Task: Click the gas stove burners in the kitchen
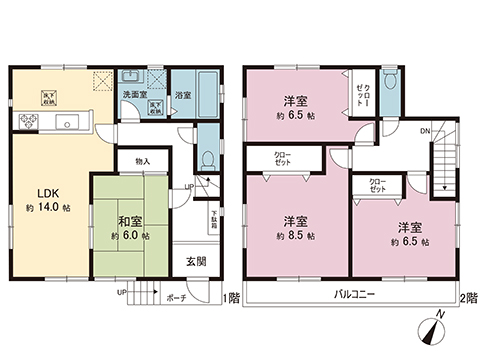tap(27, 123)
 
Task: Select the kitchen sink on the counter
tap(67, 123)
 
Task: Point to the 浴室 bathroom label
tap(183, 96)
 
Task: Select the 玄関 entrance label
tap(195, 261)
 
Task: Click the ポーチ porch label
tap(176, 297)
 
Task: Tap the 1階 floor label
tap(231, 298)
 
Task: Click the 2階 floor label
tap(468, 298)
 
